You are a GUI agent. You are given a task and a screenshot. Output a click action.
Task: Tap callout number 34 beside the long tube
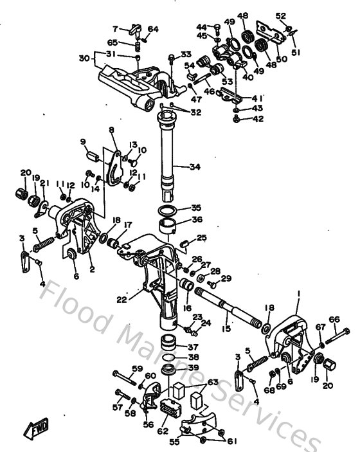(x=195, y=167)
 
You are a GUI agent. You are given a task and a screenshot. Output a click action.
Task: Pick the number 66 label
(x=334, y=319)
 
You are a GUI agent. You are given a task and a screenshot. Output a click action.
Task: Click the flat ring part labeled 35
(x=168, y=211)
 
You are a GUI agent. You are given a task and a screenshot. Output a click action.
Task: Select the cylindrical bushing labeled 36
(x=168, y=226)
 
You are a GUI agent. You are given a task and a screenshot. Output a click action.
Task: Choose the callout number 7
(x=116, y=29)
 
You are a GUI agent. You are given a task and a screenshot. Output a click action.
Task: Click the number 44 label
(x=201, y=27)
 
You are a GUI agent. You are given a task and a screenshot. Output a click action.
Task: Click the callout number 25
(x=202, y=238)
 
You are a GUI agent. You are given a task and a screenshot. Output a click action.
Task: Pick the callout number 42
(x=258, y=119)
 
